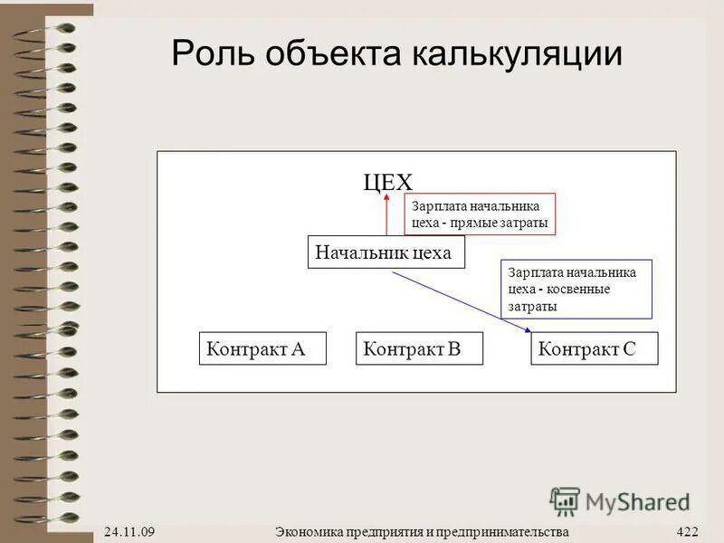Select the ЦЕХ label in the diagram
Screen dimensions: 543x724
[x=387, y=182]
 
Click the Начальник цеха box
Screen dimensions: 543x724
[x=386, y=252]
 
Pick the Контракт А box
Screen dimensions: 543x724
[x=262, y=348]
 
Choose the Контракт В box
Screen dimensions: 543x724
[x=420, y=348]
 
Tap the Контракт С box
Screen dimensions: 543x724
[x=594, y=348]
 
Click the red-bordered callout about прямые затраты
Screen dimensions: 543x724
[x=479, y=214]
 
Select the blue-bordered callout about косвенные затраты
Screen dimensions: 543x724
[x=576, y=290]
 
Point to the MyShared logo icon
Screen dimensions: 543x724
[x=565, y=500]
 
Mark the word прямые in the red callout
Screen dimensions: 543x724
[x=483, y=223]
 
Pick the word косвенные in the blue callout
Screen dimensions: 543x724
[x=579, y=290]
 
